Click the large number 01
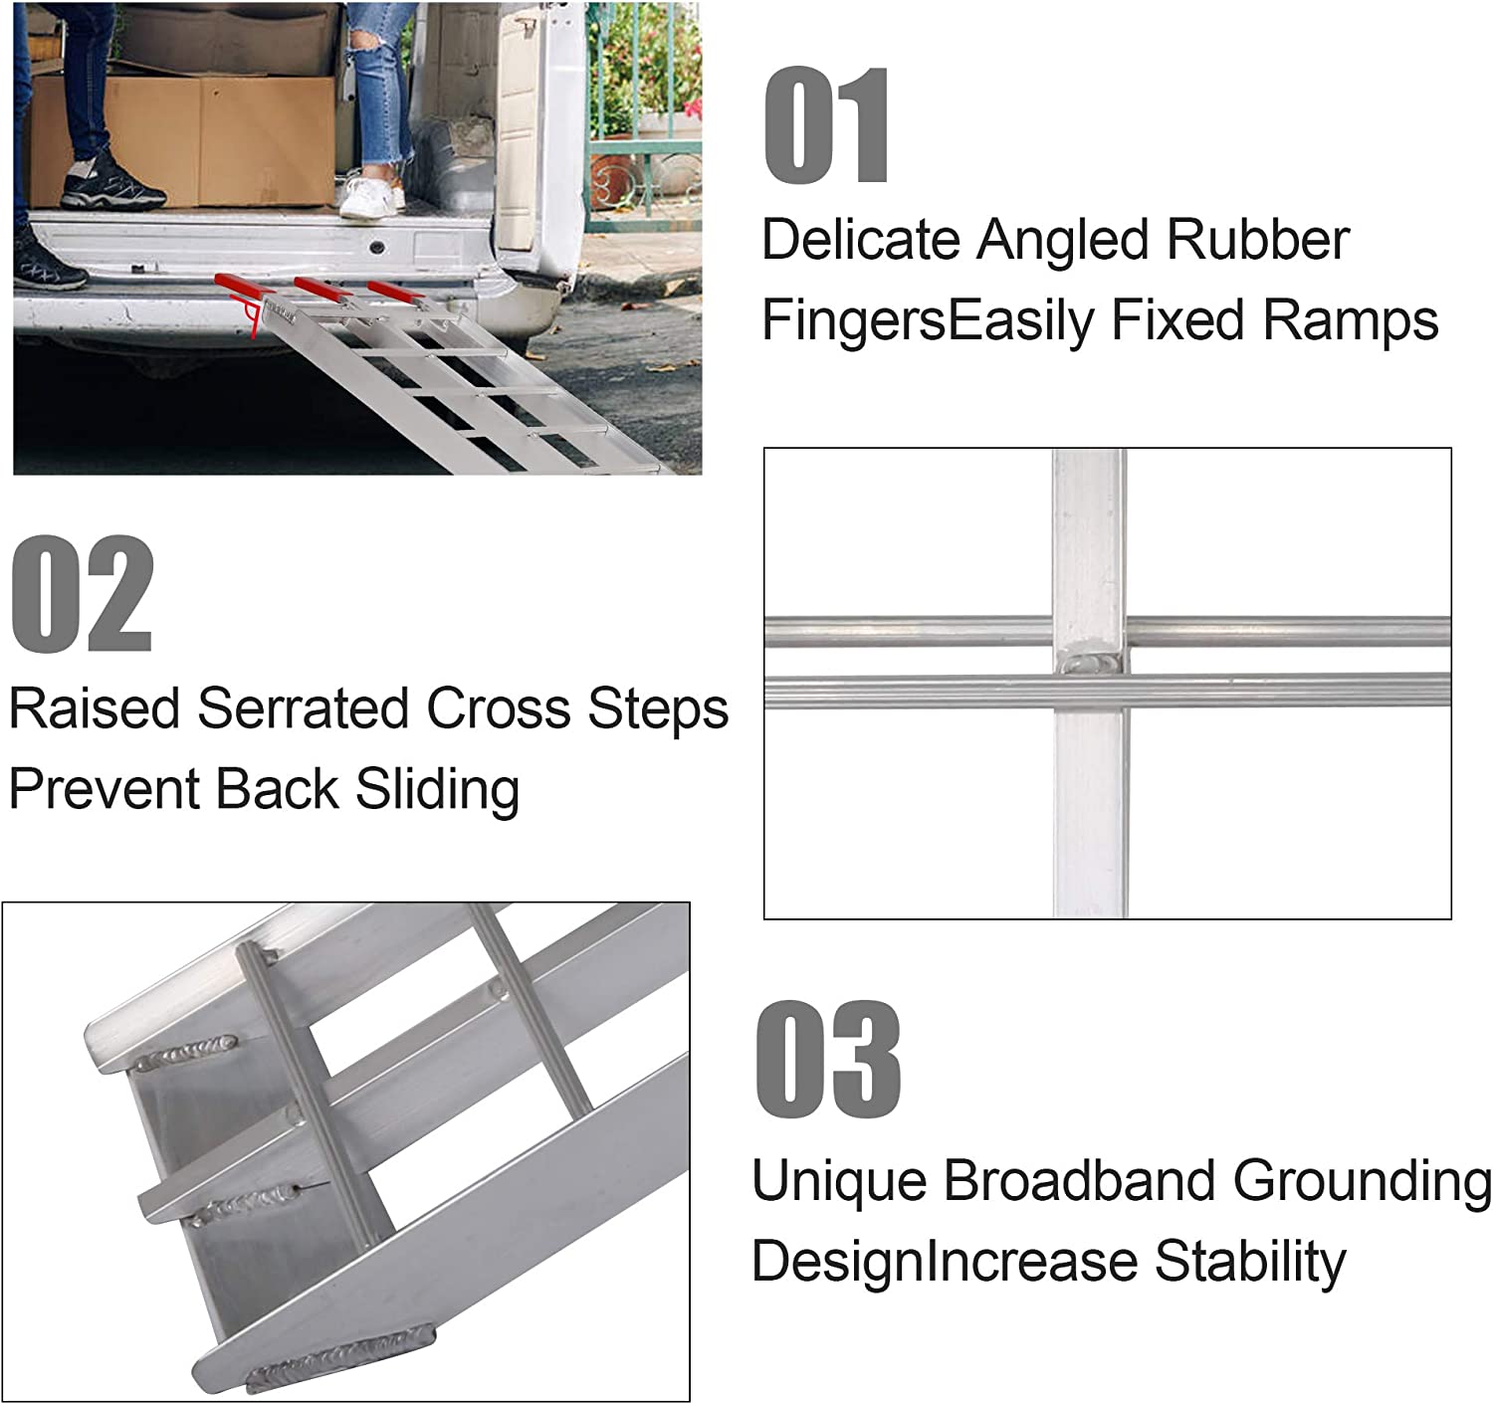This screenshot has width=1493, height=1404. [826, 126]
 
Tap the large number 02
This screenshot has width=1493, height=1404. [82, 594]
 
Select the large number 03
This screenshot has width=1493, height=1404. [827, 1061]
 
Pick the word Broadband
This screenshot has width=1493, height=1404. [1079, 1181]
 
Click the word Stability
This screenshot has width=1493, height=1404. [1249, 1262]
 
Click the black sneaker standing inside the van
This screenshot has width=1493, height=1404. [111, 185]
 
